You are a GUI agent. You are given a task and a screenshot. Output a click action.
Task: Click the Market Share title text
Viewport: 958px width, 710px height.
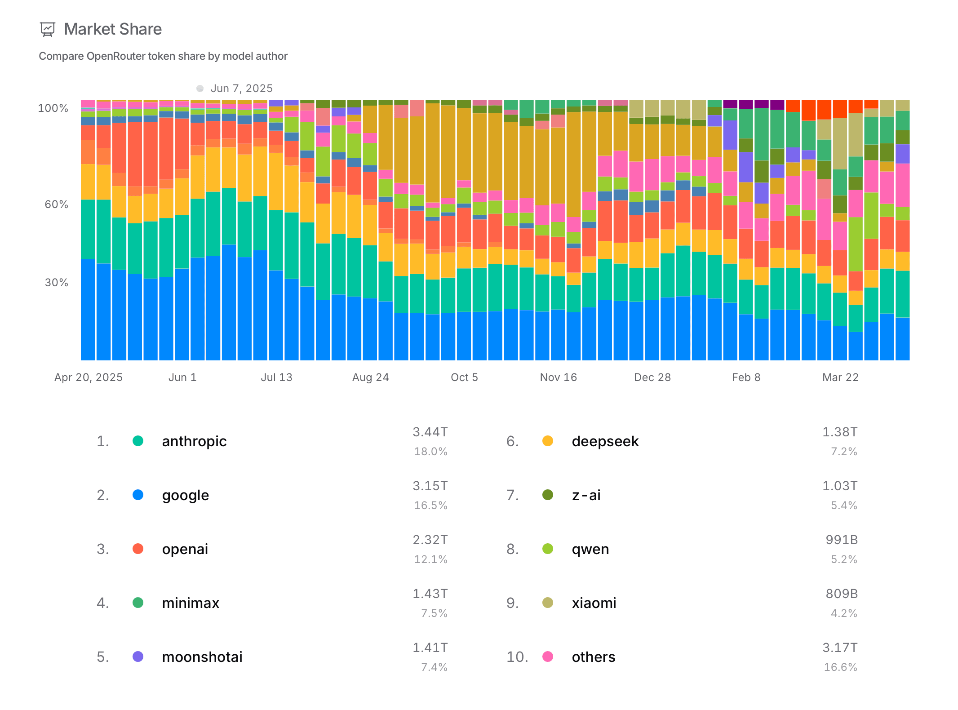pyautogui.click(x=113, y=29)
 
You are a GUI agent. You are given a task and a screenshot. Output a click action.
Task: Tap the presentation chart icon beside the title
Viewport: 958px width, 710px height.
pyautogui.click(x=47, y=30)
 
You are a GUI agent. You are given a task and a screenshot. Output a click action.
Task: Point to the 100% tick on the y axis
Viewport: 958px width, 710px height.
pyautogui.click(x=53, y=108)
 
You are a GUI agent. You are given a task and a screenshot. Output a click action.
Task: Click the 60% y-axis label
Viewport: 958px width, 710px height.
pyautogui.click(x=57, y=204)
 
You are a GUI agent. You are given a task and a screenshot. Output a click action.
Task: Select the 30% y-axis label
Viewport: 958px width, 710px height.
pyautogui.click(x=57, y=283)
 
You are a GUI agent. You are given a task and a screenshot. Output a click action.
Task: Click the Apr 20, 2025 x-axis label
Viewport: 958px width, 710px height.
pyautogui.click(x=89, y=377)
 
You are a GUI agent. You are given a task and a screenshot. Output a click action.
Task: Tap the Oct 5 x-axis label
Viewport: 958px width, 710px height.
pyautogui.click(x=464, y=377)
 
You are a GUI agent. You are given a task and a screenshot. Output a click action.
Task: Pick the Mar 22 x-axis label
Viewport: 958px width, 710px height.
pyautogui.click(x=840, y=377)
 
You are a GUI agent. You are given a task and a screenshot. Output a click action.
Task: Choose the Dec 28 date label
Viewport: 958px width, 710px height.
pyautogui.click(x=652, y=377)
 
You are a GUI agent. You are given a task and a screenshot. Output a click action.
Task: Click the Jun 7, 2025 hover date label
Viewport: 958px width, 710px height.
pyautogui.click(x=241, y=89)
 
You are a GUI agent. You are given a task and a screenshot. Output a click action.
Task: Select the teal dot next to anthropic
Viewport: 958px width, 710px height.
pyautogui.click(x=138, y=441)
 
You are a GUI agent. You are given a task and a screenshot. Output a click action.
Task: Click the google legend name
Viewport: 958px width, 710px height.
pyautogui.click(x=185, y=495)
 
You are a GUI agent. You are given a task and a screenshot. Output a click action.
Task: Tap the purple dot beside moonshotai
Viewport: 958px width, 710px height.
pyautogui.click(x=138, y=657)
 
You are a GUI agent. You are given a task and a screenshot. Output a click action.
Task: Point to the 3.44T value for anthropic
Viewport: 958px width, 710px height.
pyautogui.click(x=430, y=432)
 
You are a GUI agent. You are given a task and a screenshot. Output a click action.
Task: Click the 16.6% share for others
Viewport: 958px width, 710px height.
pyautogui.click(x=840, y=667)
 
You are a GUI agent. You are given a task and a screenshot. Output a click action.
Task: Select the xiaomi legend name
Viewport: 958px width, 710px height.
pyautogui.click(x=594, y=603)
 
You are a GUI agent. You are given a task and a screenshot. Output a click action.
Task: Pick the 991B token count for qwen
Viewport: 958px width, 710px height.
pyautogui.click(x=842, y=540)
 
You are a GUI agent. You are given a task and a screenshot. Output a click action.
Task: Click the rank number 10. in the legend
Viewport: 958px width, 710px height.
pyautogui.click(x=517, y=657)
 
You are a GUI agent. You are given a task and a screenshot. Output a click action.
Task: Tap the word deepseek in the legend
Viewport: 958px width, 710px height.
pyautogui.click(x=605, y=441)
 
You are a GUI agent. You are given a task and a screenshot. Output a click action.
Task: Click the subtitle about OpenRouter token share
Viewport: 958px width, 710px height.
pyautogui.click(x=163, y=56)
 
